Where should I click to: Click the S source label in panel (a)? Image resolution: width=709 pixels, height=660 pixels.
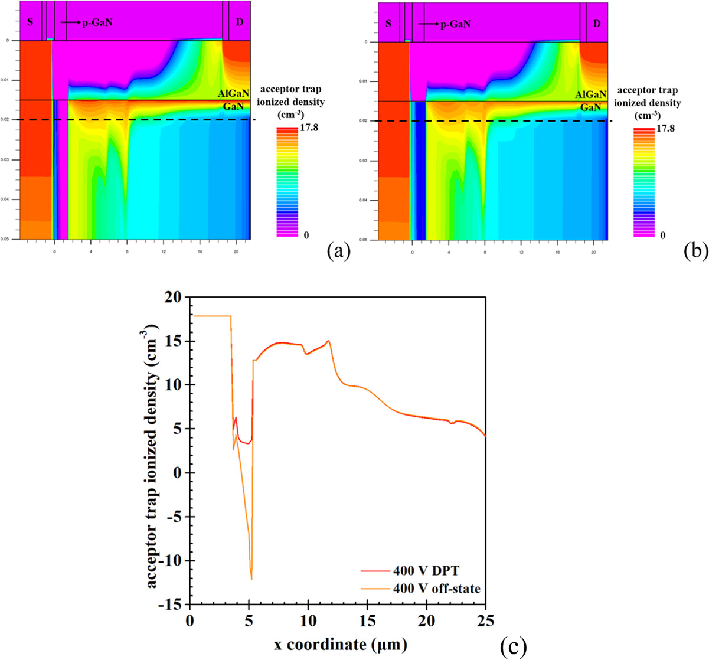(30, 22)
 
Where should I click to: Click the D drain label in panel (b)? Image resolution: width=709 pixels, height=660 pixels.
(597, 24)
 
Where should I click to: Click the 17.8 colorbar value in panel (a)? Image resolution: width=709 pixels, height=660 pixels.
(309, 127)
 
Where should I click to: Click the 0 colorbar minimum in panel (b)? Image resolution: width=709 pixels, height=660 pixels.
(663, 235)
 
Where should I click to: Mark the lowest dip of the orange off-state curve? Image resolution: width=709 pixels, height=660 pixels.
(251, 579)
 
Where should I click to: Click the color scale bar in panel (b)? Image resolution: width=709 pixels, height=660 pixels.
(643, 182)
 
